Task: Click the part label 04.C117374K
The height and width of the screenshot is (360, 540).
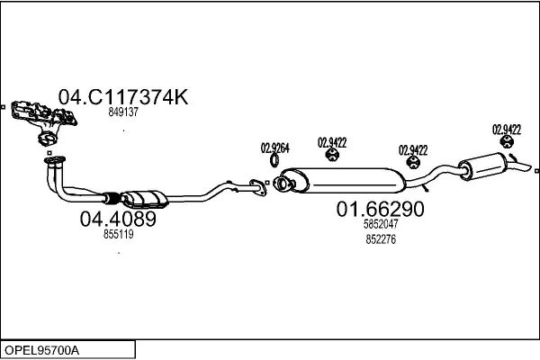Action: (x=123, y=97)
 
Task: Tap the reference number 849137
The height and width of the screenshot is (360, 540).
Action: (x=122, y=112)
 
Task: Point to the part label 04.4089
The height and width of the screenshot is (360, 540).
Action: (x=118, y=219)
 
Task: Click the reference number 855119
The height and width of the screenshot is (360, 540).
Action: (x=118, y=234)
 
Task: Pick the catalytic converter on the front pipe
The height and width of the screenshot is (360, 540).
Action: (x=147, y=199)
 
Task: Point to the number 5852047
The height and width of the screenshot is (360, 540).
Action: (x=380, y=225)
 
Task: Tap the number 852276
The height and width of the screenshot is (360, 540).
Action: (x=380, y=238)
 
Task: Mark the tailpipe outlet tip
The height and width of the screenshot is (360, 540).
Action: (x=525, y=166)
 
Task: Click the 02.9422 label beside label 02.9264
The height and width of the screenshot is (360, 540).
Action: (x=332, y=142)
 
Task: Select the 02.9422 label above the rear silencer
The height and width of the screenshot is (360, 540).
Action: (x=507, y=130)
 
